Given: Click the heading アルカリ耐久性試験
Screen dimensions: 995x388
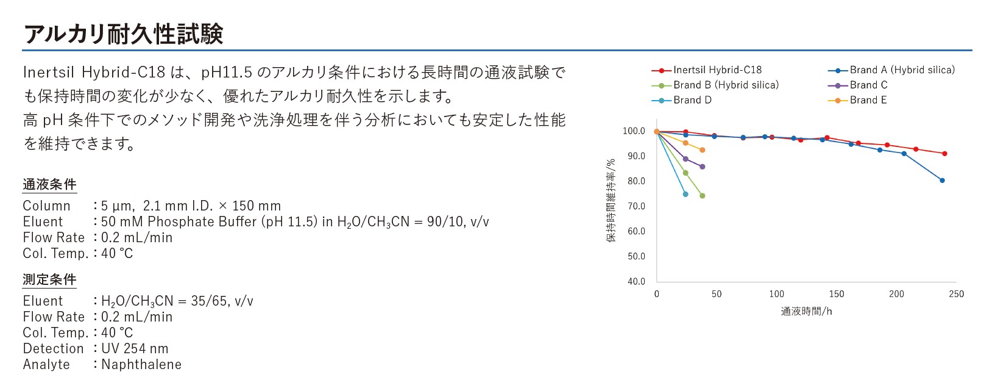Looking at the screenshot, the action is [x=123, y=34].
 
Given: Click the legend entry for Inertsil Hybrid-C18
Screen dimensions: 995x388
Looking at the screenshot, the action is [x=707, y=70].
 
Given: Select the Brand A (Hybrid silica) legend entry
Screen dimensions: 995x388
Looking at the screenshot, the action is [x=891, y=70].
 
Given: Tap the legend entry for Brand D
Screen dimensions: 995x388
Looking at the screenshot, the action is [x=682, y=101].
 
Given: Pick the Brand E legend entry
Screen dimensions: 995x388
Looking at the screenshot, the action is [x=858, y=101].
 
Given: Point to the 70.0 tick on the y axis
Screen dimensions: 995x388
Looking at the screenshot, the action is [x=636, y=206].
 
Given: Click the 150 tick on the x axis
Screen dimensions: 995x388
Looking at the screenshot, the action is [x=837, y=294].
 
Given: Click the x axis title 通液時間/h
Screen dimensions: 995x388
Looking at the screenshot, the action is [x=806, y=312].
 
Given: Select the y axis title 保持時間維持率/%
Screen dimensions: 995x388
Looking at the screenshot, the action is [x=611, y=200].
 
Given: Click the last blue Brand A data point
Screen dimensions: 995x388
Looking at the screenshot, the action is [x=942, y=181].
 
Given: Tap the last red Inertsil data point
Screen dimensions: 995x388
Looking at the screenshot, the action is [x=945, y=154].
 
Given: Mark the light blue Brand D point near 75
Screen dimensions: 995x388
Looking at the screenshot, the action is [x=685, y=195].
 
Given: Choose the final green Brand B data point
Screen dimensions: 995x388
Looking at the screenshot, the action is [x=703, y=196].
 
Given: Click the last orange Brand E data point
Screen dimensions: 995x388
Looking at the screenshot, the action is [x=703, y=151].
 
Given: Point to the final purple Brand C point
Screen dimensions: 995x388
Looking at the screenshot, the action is [x=703, y=167].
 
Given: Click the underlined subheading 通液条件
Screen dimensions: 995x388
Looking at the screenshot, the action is [x=50, y=185].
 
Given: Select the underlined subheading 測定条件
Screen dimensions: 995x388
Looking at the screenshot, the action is [x=50, y=280].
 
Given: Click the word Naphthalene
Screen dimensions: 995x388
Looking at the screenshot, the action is [x=141, y=364].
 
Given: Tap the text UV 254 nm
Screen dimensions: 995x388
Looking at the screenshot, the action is [x=135, y=348].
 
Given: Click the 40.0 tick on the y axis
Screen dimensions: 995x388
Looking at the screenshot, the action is [x=636, y=282].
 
